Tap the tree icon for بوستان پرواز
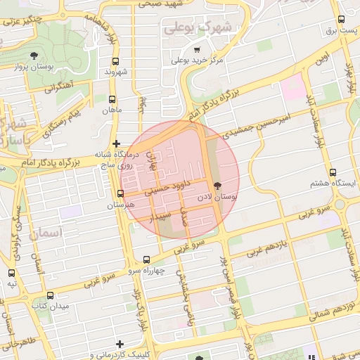click(34, 56)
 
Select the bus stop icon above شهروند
click(115, 61)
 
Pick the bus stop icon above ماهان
click(112, 99)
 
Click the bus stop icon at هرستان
click(121, 194)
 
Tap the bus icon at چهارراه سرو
click(146, 259)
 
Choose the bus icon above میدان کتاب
click(50, 295)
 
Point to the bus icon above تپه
click(11, 272)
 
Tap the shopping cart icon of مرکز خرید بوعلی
click(197, 50)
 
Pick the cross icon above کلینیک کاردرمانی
click(120, 344)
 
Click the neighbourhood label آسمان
click(46, 231)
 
